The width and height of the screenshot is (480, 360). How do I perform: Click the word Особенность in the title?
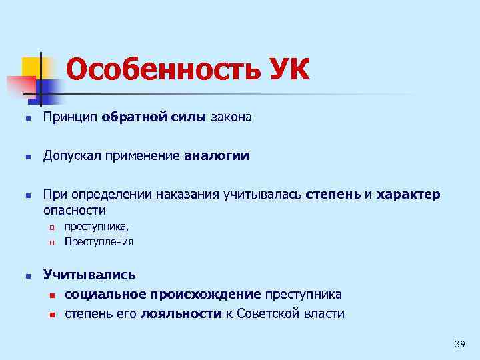tap(157, 69)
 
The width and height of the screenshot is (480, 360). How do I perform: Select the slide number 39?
tap(459, 343)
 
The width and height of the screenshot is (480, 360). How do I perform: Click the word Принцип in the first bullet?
tap(71, 118)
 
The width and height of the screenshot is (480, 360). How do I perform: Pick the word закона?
tap(231, 118)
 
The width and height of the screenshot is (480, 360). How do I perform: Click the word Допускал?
tap(75, 156)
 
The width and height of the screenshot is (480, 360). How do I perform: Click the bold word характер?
tap(408, 195)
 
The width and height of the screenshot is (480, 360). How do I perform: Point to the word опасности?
tap(75, 211)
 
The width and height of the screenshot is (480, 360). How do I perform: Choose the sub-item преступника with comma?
tap(97, 227)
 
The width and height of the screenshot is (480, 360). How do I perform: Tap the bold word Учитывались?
tap(89, 274)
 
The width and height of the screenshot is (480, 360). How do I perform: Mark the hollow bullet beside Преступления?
tap(50, 242)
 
